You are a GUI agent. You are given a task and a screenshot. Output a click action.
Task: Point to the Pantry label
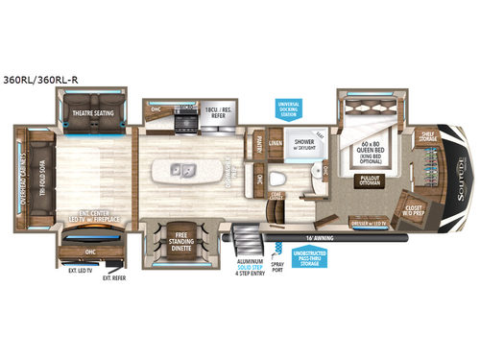[x=259, y=144]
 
